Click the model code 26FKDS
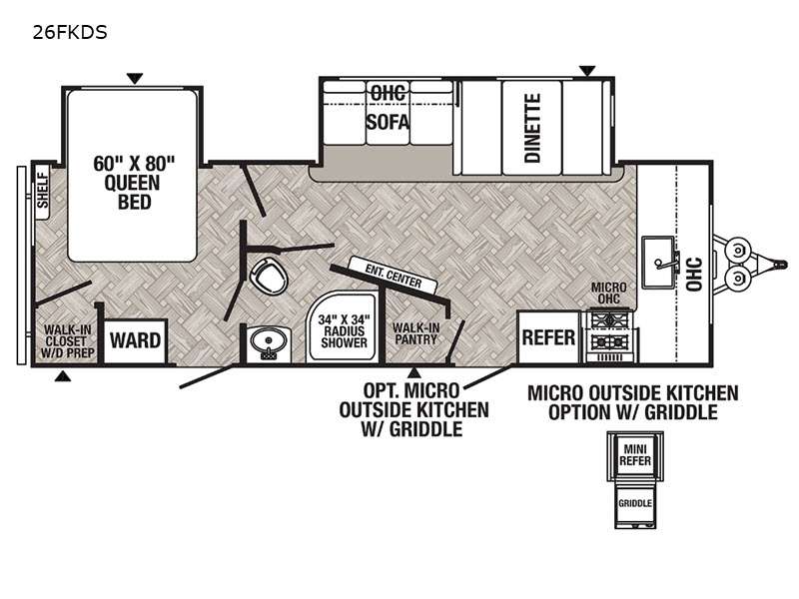70,32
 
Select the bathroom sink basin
268,340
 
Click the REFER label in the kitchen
548,337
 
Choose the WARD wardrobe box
136,340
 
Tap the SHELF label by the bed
43,191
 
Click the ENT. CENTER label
393,276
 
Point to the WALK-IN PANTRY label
415,333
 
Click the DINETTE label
532,128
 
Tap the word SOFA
388,122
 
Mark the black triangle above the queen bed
135,79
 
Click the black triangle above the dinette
587,71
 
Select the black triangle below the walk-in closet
63,376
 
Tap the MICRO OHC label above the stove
609,294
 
